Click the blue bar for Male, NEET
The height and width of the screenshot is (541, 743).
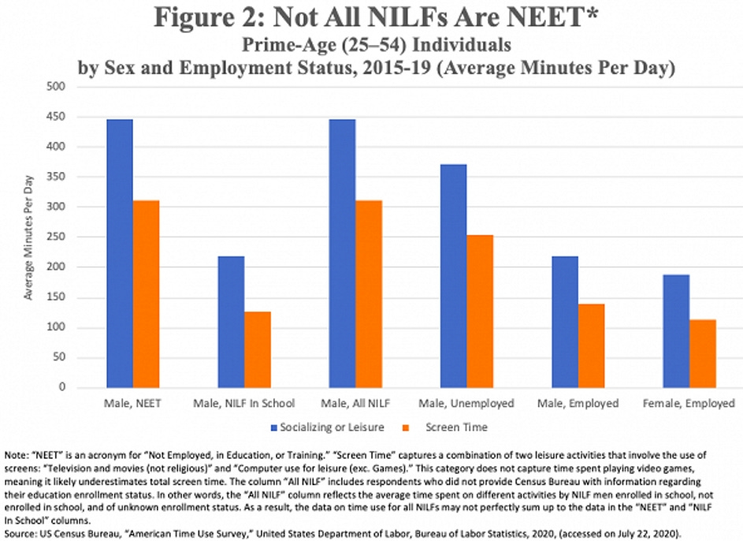point(120,253)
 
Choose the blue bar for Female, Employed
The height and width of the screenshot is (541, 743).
point(675,331)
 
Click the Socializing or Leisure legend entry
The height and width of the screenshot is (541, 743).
point(332,427)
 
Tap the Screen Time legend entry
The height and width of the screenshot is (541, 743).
point(458,427)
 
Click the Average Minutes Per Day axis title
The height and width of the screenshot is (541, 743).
point(29,237)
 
